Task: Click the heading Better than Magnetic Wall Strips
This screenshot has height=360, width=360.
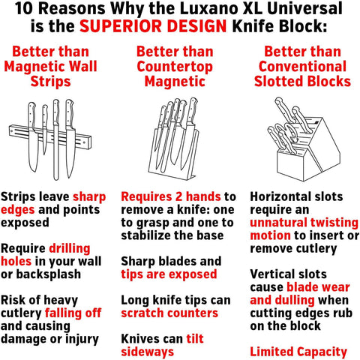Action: click(51, 66)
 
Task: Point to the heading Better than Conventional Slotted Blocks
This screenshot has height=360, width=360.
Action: click(302, 66)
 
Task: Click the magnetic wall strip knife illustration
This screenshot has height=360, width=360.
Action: click(50, 139)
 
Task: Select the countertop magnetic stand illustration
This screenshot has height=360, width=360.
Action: click(174, 138)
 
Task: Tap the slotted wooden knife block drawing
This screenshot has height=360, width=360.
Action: click(304, 139)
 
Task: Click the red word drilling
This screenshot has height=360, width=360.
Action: click(70, 249)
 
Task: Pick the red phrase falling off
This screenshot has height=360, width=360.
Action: click(73, 313)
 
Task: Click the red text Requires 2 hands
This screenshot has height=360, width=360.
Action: click(171, 196)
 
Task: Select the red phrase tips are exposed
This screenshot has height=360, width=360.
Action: click(169, 274)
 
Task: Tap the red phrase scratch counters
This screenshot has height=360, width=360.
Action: click(169, 313)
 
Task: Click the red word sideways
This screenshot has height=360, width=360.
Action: click(148, 352)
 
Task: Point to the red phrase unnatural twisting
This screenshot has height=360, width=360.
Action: click(304, 223)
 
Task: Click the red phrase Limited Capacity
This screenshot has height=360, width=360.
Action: click(298, 352)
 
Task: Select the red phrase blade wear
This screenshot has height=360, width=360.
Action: click(318, 287)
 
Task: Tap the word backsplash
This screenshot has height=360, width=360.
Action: click(49, 274)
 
